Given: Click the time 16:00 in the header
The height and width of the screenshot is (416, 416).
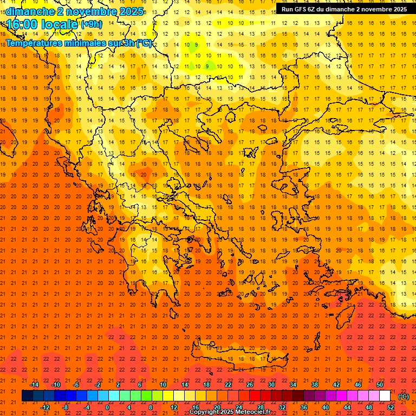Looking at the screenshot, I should click(x=23, y=24).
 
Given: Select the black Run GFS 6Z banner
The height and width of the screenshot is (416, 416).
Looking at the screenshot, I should click(x=344, y=9).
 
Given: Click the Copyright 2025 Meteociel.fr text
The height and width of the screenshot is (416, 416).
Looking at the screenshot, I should click(x=230, y=412).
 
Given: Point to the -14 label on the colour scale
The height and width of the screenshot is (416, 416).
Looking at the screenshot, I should click(x=34, y=385).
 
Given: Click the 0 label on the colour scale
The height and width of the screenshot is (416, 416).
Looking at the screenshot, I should click(x=107, y=407).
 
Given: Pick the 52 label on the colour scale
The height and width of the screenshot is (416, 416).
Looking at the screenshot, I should click(x=390, y=407).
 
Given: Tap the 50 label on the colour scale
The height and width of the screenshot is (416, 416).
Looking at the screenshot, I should click(x=380, y=385).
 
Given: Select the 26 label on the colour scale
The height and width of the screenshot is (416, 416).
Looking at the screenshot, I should click(x=250, y=385).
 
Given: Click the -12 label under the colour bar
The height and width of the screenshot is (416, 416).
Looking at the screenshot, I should click(x=45, y=407).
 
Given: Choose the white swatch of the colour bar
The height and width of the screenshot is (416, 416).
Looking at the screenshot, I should click(x=385, y=396).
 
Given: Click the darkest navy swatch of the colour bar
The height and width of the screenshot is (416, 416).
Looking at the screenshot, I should click(x=27, y=396).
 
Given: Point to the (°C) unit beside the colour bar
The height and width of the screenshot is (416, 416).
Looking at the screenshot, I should click(x=404, y=396).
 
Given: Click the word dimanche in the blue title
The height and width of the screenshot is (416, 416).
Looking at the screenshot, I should click(x=30, y=11).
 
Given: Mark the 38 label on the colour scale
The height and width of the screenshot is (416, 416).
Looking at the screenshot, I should click(x=315, y=385).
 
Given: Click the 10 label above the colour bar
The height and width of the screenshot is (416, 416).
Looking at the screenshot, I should click(x=163, y=385).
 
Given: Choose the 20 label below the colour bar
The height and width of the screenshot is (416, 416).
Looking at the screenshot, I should click(x=217, y=407).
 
